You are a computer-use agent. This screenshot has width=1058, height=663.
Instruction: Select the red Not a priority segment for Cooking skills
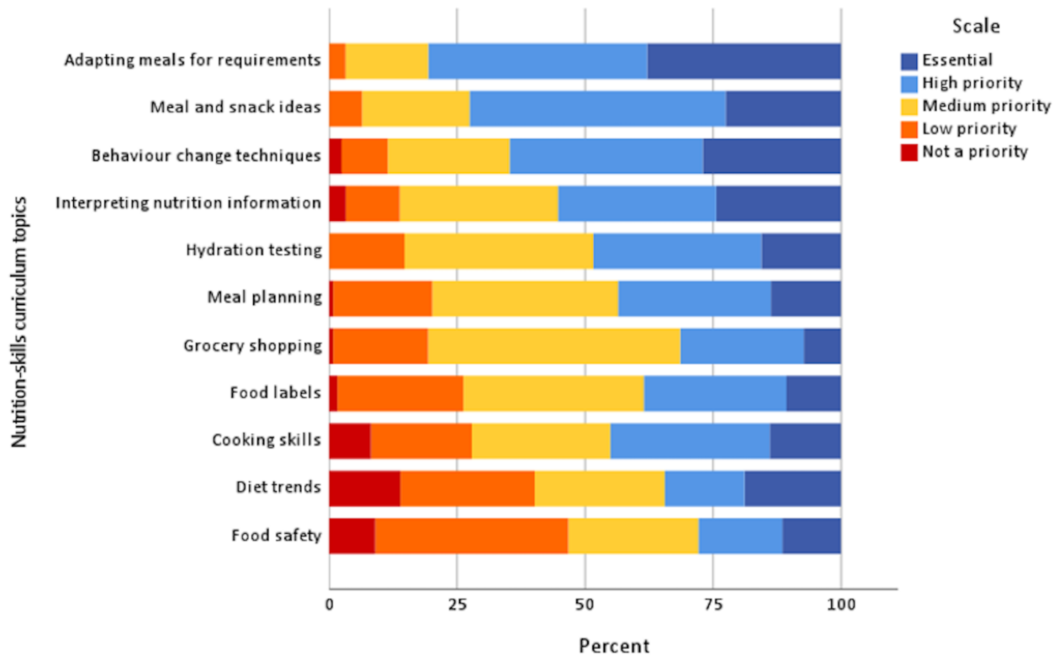click(x=349, y=441)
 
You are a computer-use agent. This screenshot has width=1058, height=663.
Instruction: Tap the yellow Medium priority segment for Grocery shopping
click(x=554, y=346)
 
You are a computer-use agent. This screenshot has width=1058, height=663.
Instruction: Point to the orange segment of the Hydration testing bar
click(x=367, y=251)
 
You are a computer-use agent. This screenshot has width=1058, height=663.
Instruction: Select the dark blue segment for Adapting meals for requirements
click(x=744, y=61)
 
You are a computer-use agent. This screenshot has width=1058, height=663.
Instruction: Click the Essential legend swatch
click(x=909, y=61)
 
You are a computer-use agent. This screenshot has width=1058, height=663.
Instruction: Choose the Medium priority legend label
click(x=986, y=106)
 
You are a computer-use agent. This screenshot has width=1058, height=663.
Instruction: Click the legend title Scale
click(x=976, y=26)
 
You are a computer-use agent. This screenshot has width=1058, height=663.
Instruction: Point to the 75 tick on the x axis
click(x=713, y=605)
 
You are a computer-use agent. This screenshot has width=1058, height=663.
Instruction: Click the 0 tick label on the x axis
click(x=329, y=605)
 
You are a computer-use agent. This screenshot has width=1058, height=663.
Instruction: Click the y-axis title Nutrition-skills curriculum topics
click(x=19, y=322)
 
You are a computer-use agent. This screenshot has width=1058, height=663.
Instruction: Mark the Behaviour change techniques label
click(x=206, y=156)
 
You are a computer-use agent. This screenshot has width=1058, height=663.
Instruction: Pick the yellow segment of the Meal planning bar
click(x=524, y=298)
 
